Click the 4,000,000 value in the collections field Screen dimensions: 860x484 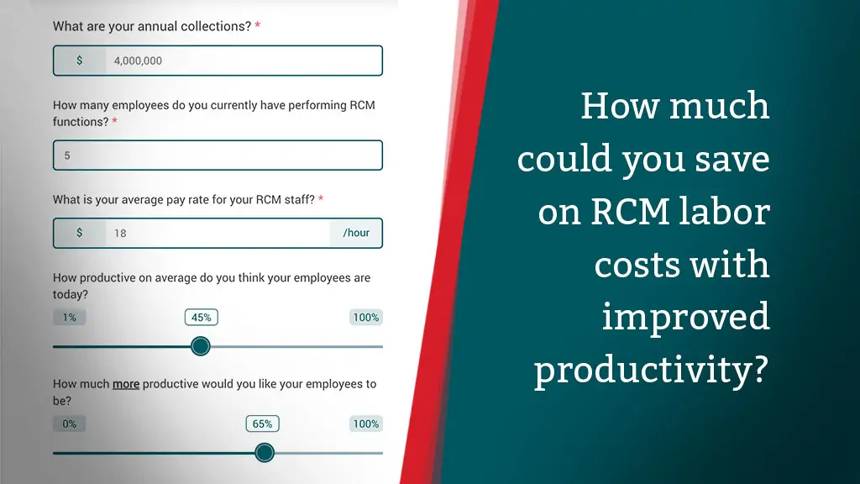click(138, 60)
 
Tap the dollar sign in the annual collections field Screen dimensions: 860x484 click(80, 60)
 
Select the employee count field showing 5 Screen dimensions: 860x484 click(218, 155)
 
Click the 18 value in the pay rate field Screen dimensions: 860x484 click(120, 234)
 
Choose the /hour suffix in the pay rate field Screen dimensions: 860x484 click(356, 233)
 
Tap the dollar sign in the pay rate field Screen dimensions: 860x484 click(80, 233)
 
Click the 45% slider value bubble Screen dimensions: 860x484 click(202, 317)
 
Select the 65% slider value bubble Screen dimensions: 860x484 click(262, 423)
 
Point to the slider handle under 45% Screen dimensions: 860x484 click(201, 346)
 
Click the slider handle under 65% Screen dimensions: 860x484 click(265, 453)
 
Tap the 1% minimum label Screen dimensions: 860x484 click(69, 317)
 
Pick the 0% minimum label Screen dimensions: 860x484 click(69, 423)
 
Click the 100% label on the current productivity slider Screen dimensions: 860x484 click(366, 317)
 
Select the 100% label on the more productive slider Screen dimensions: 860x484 click(366, 423)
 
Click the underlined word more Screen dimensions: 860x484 click(126, 384)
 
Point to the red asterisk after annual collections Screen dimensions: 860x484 click(257, 25)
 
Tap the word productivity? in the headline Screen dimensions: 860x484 click(652, 371)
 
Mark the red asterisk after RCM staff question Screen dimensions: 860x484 click(321, 198)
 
